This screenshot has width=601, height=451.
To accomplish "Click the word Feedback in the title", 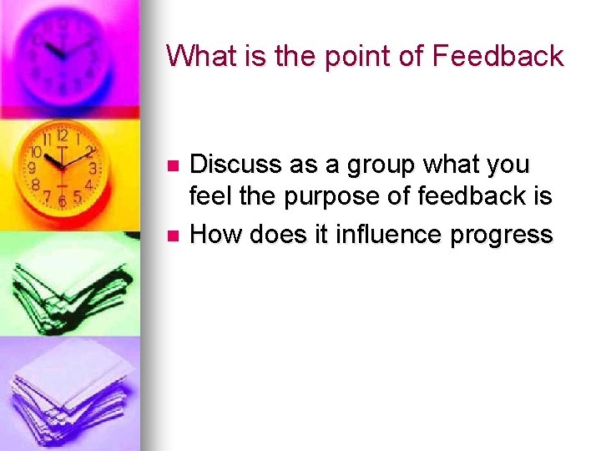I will click(x=497, y=56).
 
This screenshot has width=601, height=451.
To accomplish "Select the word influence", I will click(x=388, y=235).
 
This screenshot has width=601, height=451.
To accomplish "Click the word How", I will click(x=215, y=235).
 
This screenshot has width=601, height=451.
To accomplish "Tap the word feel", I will click(x=209, y=197).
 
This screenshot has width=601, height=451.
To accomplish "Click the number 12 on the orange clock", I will click(x=61, y=134).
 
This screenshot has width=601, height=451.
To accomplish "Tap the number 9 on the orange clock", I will click(x=33, y=168).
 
